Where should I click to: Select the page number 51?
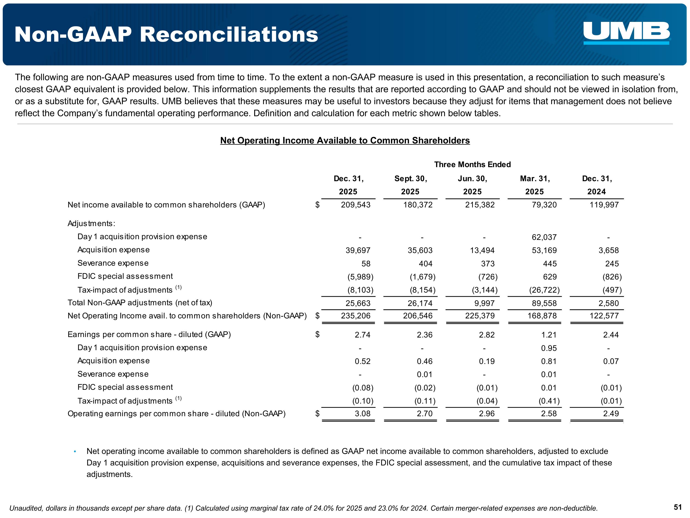678,507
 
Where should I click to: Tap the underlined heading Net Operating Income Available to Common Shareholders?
345,140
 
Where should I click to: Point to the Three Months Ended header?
472,165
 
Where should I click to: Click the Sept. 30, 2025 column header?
411,185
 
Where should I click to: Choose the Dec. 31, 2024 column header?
597,185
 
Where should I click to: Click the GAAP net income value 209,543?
356,205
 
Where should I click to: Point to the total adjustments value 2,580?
609,303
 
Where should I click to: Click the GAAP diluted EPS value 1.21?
549,335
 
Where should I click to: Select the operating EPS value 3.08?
362,413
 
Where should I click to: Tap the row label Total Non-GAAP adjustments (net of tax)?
140,303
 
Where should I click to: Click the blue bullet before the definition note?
75,451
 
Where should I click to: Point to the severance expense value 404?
425,264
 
